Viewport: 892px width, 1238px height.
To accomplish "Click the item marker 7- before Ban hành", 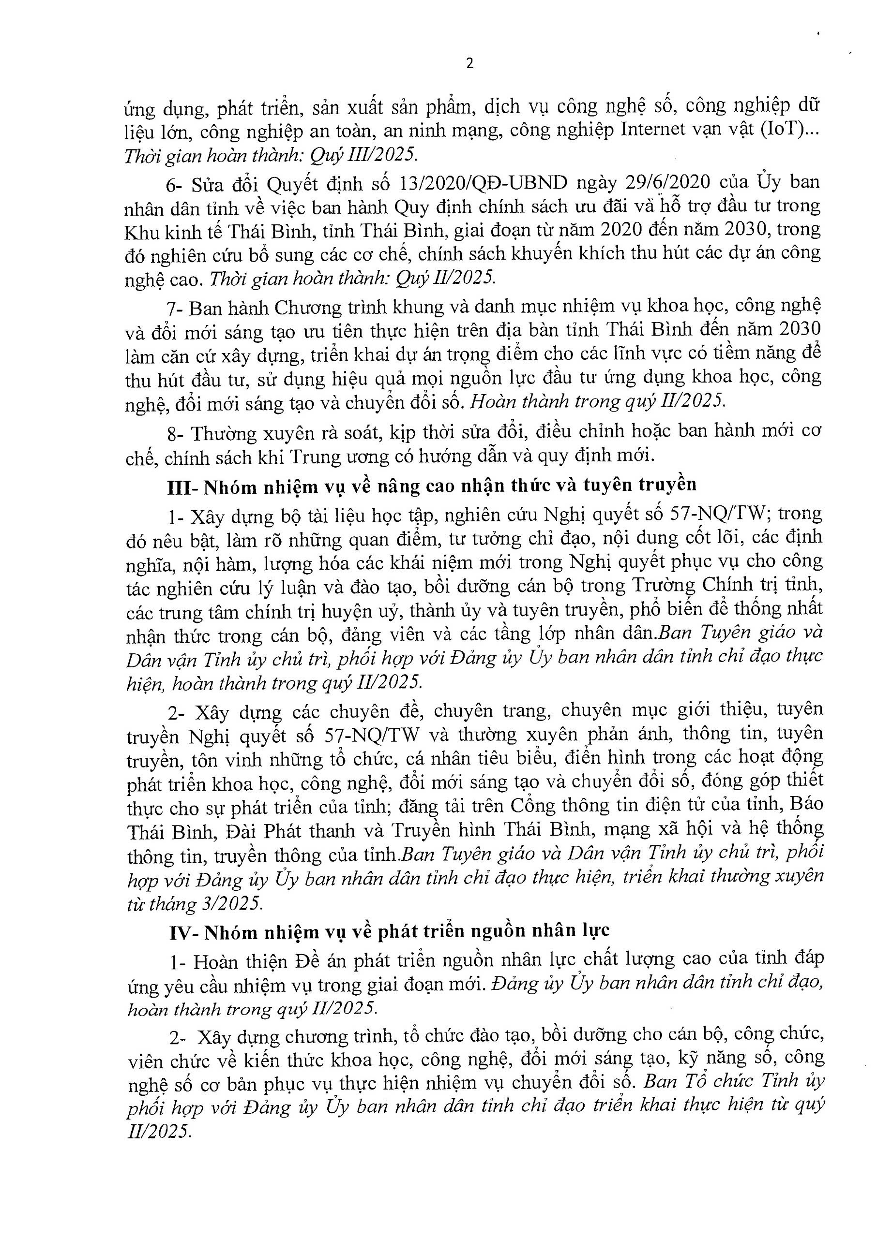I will (176, 308).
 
